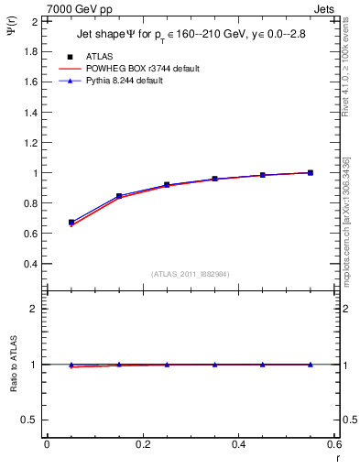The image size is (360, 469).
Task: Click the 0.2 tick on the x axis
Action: click(x=143, y=444)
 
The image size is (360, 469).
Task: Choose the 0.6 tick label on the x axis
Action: click(x=335, y=444)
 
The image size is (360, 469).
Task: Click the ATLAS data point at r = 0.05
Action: click(x=71, y=223)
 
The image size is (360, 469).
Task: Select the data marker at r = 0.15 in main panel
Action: click(x=119, y=196)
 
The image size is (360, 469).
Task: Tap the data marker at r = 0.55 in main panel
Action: click(x=311, y=172)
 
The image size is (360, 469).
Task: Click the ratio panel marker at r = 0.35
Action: click(x=215, y=365)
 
